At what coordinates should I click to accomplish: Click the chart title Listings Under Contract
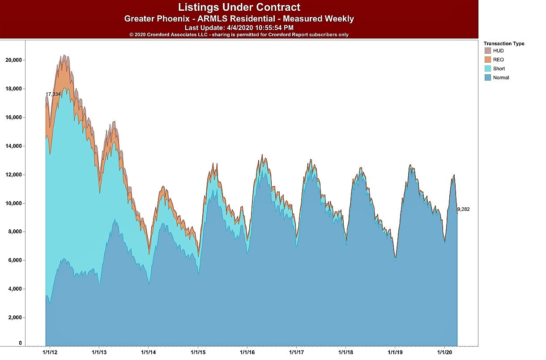pyautogui.click(x=239, y=7)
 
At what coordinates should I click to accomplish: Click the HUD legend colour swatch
pyautogui.click(x=487, y=51)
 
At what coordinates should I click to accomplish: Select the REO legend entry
pyautogui.click(x=498, y=60)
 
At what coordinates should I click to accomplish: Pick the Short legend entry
pyautogui.click(x=499, y=69)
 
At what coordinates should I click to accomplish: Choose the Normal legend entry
pyautogui.click(x=500, y=77)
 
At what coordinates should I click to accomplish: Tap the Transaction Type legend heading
pyautogui.click(x=504, y=43)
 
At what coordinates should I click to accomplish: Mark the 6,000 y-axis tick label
pyautogui.click(x=15, y=261)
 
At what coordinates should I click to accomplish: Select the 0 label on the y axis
pyautogui.click(x=20, y=343)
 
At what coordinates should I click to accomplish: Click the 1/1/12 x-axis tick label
pyautogui.click(x=50, y=352)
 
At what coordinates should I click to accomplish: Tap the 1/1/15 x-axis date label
pyautogui.click(x=198, y=352)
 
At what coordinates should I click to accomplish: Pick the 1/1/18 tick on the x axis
pyautogui.click(x=346, y=352)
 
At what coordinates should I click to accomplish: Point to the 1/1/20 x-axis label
pyautogui.click(x=444, y=352)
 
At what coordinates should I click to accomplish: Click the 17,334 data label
pyautogui.click(x=53, y=94)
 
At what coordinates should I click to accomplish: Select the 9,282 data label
pyautogui.click(x=463, y=209)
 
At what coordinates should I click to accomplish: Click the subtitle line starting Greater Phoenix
pyautogui.click(x=239, y=19)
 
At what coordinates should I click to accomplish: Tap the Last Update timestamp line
pyautogui.click(x=239, y=28)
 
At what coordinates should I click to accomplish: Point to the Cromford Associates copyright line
pyautogui.click(x=239, y=34)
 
